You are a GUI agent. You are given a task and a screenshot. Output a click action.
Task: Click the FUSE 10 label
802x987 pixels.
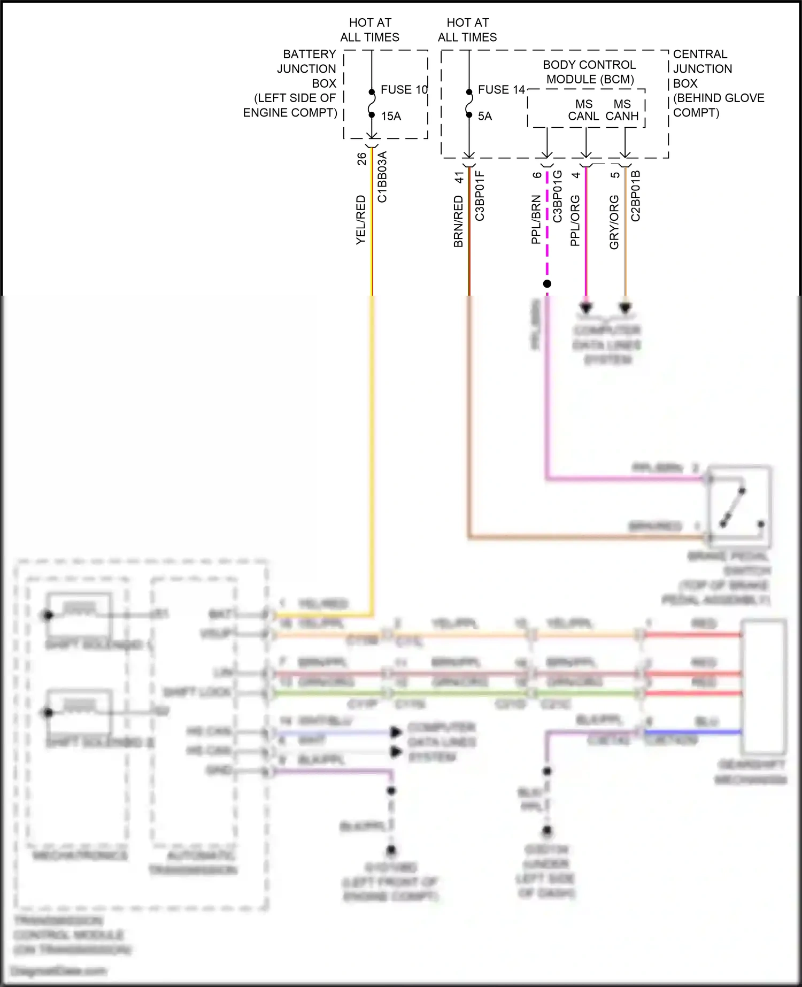coord(404,90)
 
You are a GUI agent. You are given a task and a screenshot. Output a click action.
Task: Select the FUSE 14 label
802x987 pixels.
coord(501,90)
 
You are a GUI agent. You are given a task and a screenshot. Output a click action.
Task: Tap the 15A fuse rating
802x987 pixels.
coord(391,116)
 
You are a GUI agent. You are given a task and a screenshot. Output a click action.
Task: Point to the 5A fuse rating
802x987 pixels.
coord(485,116)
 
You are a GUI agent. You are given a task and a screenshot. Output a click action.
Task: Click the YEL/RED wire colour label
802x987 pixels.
coord(361,220)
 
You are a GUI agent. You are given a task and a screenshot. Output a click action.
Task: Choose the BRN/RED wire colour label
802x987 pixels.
coord(458,221)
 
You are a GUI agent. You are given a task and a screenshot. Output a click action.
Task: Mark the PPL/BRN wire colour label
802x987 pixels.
coord(536,220)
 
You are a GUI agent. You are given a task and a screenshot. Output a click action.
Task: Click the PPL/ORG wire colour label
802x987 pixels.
coord(575,220)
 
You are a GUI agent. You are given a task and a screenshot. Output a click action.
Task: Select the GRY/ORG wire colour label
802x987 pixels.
coord(614,222)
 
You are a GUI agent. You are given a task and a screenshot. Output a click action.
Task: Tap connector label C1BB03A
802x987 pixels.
coord(382,177)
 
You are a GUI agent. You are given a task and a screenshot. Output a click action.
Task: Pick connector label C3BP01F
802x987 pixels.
coord(480,196)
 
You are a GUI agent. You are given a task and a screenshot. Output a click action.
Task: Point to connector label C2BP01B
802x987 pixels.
coord(635,196)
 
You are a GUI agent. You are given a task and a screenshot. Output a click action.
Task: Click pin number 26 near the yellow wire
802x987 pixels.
coord(362,159)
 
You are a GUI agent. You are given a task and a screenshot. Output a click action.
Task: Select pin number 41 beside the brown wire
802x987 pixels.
coord(459,177)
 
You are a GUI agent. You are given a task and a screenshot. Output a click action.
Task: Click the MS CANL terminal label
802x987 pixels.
coord(583,110)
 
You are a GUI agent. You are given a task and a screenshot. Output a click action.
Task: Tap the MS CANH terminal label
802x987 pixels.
coord(622,110)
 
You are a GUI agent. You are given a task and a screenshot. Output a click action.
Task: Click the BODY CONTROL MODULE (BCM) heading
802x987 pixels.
coord(590,72)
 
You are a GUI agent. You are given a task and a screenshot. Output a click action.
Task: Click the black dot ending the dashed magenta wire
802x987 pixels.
coord(547,284)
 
